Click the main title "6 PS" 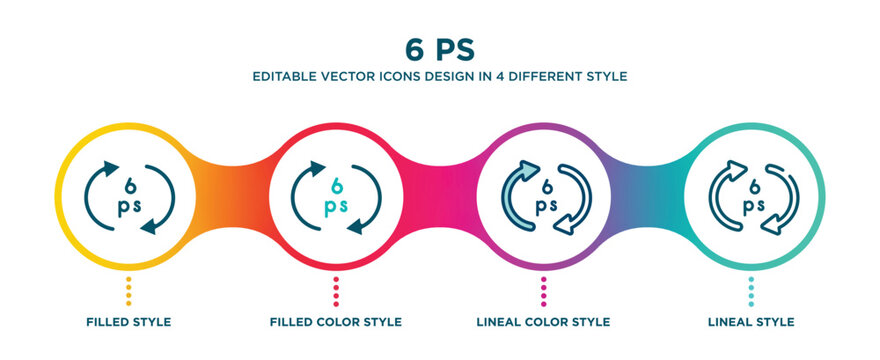[x=440, y=48]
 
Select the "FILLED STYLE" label [x=128, y=322]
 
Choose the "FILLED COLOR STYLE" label [x=336, y=322]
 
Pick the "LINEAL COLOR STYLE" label [x=543, y=322]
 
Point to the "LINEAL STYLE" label [x=751, y=322]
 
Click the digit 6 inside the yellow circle [x=128, y=184]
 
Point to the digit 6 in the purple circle [x=544, y=184]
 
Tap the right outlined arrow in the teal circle [x=783, y=200]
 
